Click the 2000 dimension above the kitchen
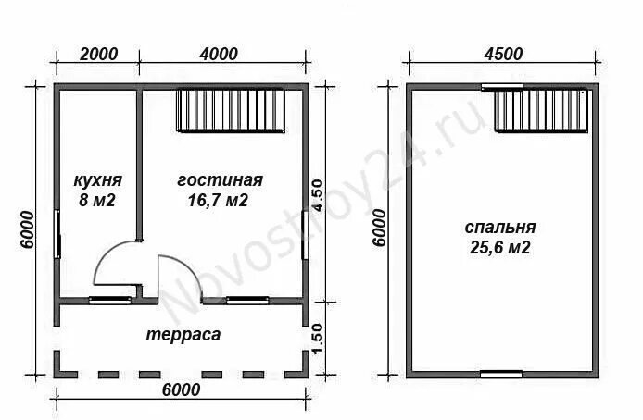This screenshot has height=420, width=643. coord(98,54)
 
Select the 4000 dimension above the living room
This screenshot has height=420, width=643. coord(219,54)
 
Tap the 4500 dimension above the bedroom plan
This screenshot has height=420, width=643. coord(504,54)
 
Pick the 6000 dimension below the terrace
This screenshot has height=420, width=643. coord(182,390)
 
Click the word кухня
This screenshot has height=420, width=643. coord(98,180)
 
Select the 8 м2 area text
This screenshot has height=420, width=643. coord(97,200)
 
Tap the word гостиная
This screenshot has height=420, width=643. coord(220,180)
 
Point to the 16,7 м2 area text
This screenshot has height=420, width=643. coord(218,200)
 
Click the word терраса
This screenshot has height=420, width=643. coord(183,335)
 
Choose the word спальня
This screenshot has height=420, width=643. coord(500,228)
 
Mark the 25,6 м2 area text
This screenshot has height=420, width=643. coord(500,248)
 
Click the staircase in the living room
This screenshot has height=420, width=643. coord(231,110)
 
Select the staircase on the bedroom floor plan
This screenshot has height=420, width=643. coord(543,110)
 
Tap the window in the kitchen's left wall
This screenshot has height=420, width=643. coord(57,234)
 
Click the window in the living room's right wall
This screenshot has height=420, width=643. coord(305,234)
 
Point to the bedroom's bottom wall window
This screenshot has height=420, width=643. coord(501,374)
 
